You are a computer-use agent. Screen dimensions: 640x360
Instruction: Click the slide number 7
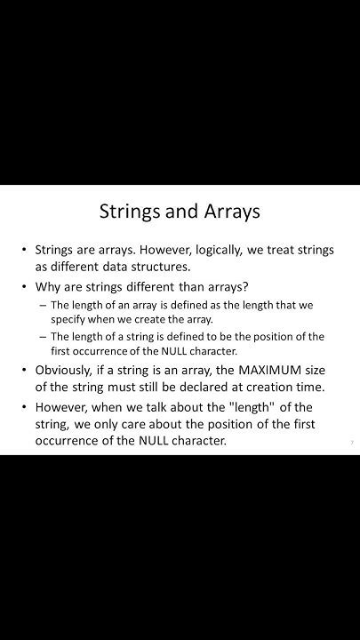point(351,442)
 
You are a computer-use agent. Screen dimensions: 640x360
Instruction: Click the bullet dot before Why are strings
point(24,286)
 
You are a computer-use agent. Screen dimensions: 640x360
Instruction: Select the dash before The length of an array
point(42,305)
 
